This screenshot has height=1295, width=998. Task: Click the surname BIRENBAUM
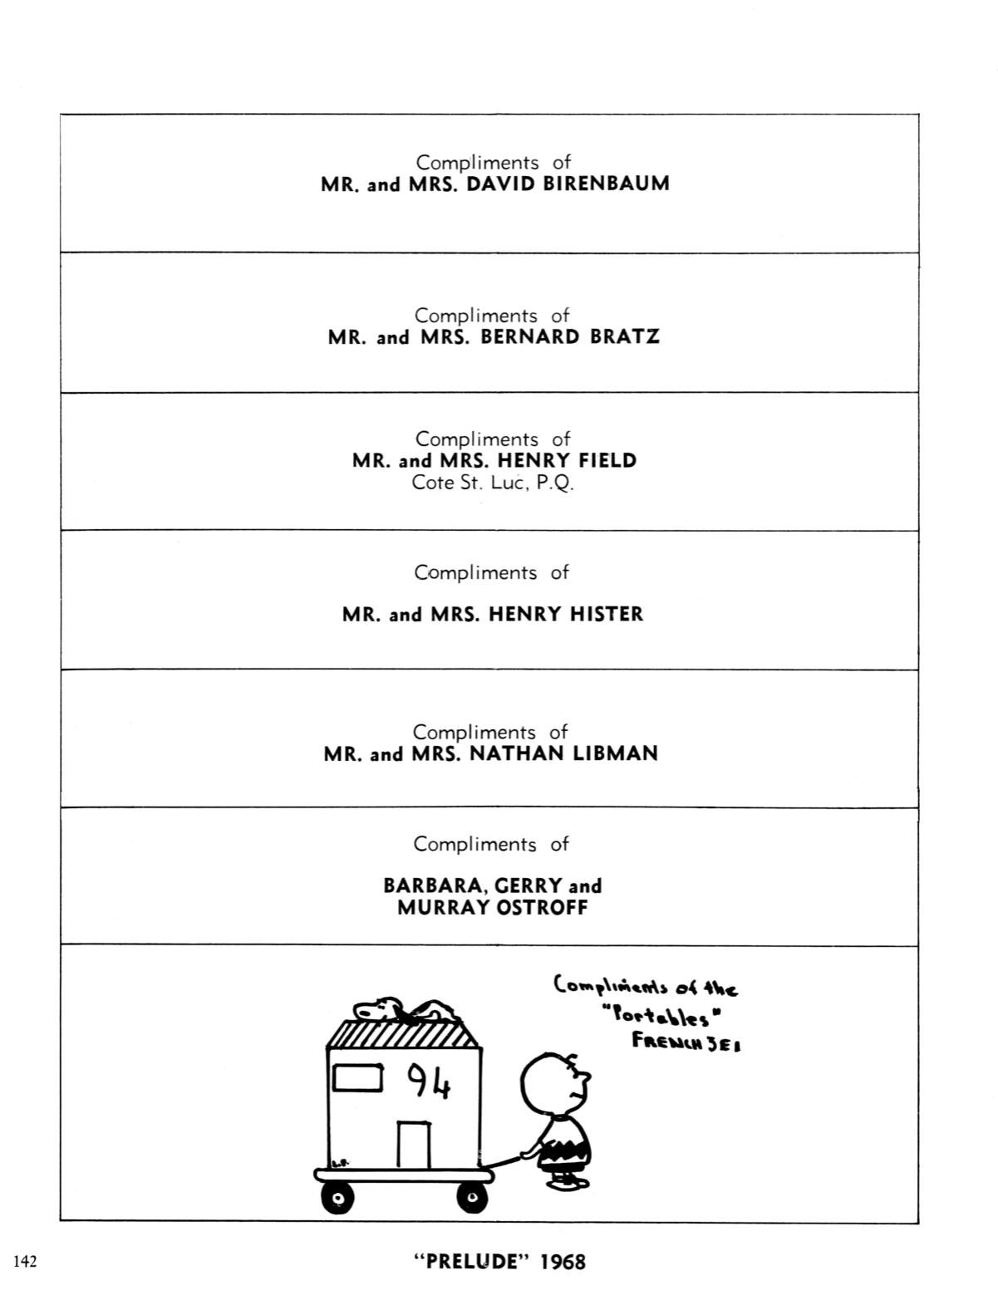(x=606, y=184)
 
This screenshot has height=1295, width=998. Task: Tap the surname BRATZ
(x=625, y=336)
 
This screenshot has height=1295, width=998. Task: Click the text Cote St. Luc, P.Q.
(x=493, y=482)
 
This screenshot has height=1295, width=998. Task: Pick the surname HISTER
(x=607, y=614)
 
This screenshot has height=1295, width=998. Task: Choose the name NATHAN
(x=517, y=753)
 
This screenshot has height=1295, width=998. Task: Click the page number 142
(x=25, y=1261)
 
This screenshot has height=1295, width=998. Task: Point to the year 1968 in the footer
(x=563, y=1262)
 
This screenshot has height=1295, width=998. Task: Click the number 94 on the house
(x=429, y=1082)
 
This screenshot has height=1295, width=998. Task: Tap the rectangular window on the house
(x=357, y=1078)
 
